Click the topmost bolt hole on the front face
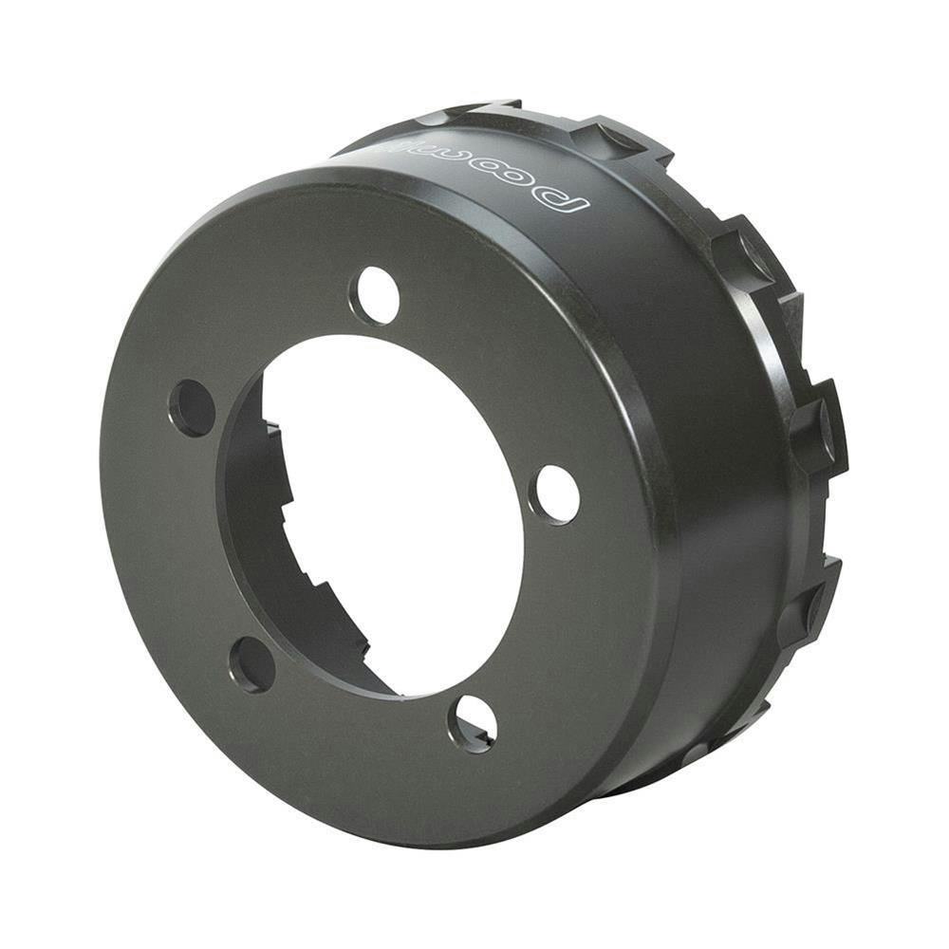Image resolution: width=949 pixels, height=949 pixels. [375, 295]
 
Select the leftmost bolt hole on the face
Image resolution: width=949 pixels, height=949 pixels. [192, 408]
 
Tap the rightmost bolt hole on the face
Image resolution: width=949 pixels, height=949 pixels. [555, 494]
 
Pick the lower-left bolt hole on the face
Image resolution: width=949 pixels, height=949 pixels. [252, 664]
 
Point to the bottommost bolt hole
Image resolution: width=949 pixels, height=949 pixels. [473, 723]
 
